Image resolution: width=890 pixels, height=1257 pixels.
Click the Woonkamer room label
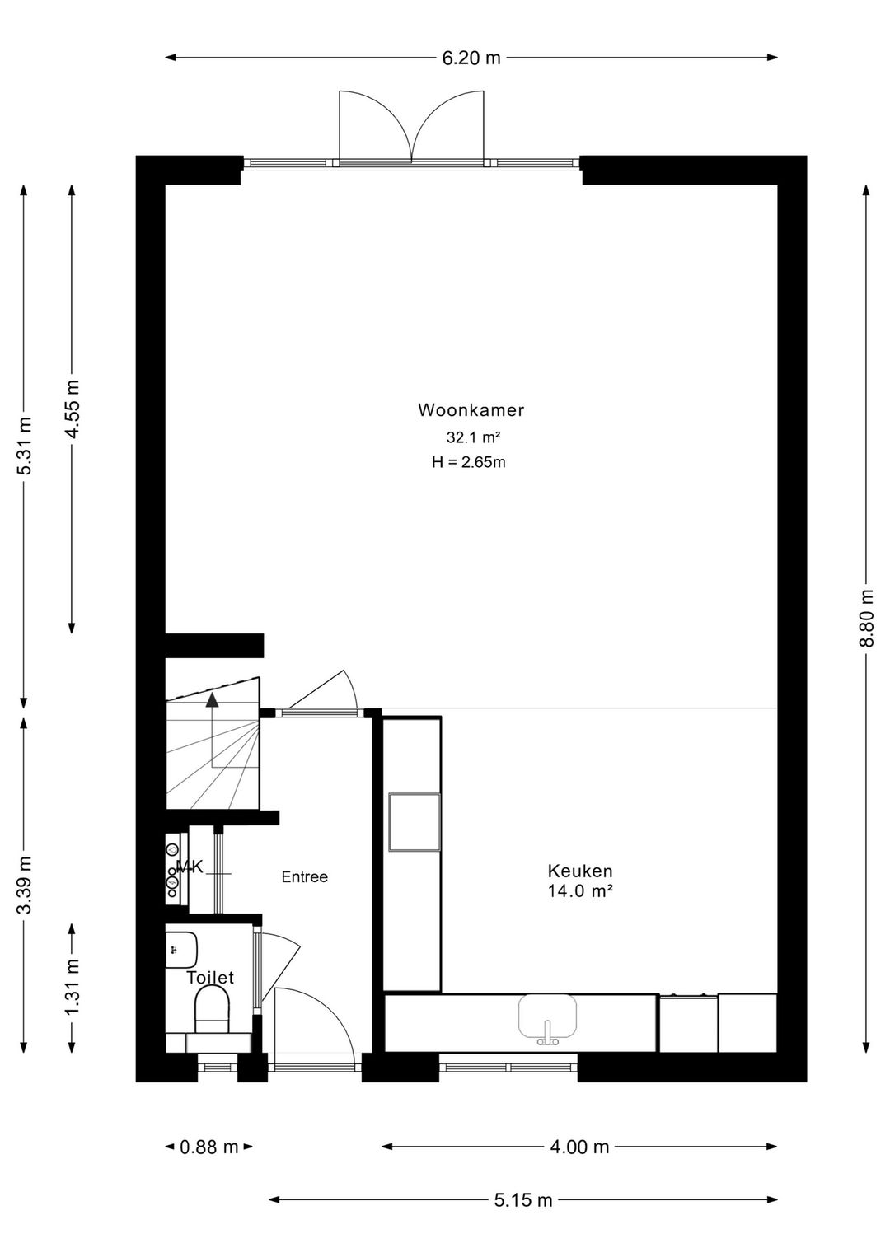[471, 410]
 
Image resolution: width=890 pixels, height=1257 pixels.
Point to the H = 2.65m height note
[468, 462]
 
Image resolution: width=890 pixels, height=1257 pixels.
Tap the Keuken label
[580, 871]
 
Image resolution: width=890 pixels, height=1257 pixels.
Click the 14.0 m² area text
[580, 890]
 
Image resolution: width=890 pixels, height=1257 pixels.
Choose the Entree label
[305, 877]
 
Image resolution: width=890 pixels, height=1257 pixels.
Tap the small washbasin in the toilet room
[181, 950]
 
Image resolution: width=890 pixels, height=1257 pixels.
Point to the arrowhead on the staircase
[213, 700]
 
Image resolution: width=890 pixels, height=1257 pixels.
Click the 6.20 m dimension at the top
[471, 58]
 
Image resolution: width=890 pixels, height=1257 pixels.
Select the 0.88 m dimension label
[208, 1147]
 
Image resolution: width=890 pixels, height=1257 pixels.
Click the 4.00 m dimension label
[580, 1147]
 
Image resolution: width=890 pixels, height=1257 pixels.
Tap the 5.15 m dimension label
[523, 1200]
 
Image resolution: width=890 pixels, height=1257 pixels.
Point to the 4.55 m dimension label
[73, 409]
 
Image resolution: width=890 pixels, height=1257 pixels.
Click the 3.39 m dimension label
[25, 885]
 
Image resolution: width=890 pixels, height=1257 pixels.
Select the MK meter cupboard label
[190, 867]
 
